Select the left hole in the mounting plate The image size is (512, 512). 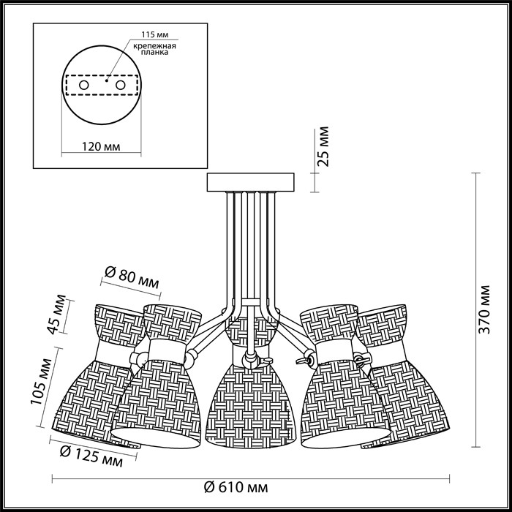(84, 86)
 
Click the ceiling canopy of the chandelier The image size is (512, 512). (250, 181)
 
